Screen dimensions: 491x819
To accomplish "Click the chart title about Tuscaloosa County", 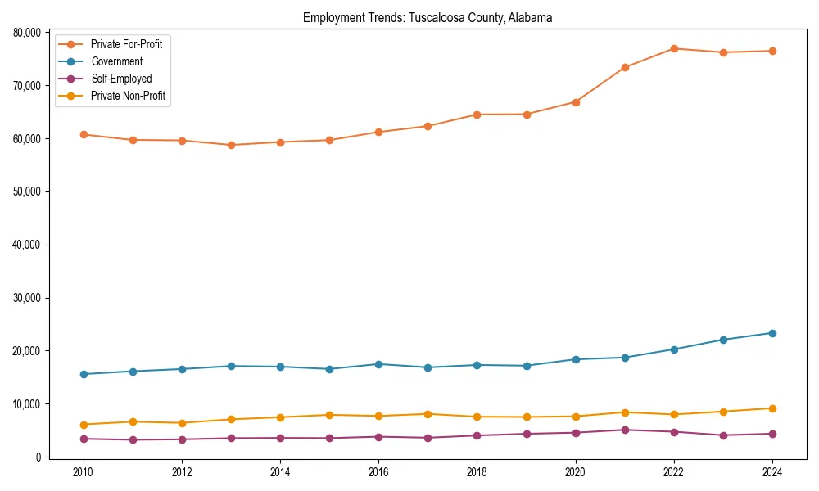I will tap(428, 17).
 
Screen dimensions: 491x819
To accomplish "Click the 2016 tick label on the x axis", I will tap(378, 472).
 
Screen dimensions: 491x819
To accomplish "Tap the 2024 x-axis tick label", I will tap(771, 472).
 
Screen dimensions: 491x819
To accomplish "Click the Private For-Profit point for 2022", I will tap(674, 48).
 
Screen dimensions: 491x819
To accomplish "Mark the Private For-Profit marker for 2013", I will tap(231, 145).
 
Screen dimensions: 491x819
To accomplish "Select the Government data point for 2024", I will tap(772, 333).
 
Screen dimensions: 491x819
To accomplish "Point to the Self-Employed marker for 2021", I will tap(625, 430).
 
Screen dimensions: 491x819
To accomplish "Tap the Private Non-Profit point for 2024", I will tap(772, 408).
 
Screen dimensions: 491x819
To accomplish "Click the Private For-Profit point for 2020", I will tap(576, 102).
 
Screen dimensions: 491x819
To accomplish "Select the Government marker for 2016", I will tap(378, 364).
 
